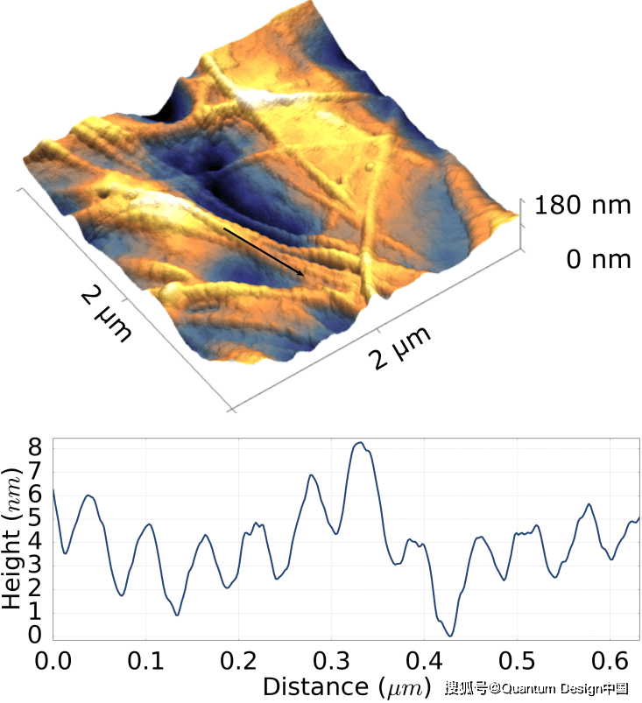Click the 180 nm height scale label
(x=583, y=207)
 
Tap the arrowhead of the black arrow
(x=303, y=275)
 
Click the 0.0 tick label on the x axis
(x=54, y=657)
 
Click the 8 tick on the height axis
(x=35, y=446)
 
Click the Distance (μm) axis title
(x=347, y=685)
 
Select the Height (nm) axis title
(x=13, y=539)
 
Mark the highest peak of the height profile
(x=359, y=443)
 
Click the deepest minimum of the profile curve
(x=449, y=636)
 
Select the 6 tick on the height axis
(x=35, y=493)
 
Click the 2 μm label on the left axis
(x=106, y=314)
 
